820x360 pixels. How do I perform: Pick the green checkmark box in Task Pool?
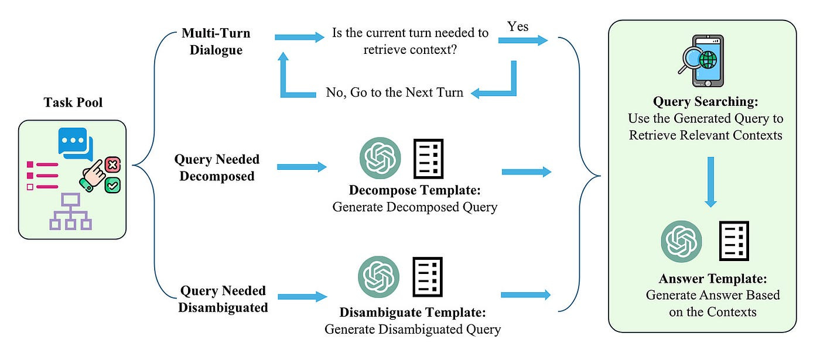point(112,186)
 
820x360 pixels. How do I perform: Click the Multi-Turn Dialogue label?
point(213,41)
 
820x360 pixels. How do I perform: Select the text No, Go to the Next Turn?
point(394,92)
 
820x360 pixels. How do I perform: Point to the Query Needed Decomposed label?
point(217,167)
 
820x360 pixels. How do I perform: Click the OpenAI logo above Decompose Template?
point(380,158)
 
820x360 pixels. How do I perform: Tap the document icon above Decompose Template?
point(429,158)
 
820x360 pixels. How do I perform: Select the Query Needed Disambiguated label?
point(224,299)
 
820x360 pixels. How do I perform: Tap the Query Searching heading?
point(706,102)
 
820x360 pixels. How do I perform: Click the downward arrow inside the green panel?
point(710,181)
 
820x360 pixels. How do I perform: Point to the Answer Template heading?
point(712,279)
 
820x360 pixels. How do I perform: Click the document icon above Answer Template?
point(734,241)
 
